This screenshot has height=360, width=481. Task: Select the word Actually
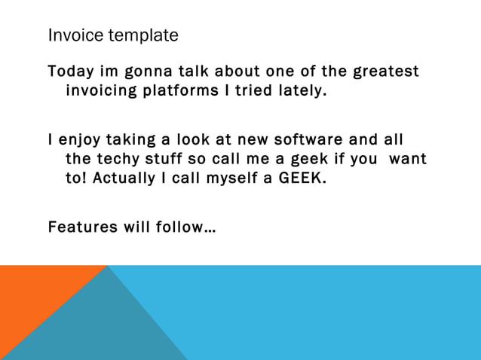124,178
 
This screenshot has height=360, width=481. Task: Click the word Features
81,227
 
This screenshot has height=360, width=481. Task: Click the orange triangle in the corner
30,294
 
